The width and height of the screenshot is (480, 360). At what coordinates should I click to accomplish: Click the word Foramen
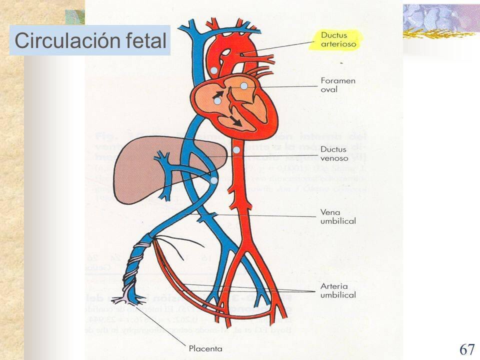pyautogui.click(x=338, y=80)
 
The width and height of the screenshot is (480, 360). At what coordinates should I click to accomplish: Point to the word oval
pyautogui.click(x=329, y=90)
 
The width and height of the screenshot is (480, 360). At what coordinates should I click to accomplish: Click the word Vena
pyautogui.click(x=329, y=212)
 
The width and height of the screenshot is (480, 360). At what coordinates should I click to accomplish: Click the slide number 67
pyautogui.click(x=466, y=349)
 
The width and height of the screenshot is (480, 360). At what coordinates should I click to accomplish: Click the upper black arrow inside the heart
pyautogui.click(x=218, y=94)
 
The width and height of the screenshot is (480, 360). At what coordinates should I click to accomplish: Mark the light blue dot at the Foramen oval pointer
pyautogui.click(x=244, y=86)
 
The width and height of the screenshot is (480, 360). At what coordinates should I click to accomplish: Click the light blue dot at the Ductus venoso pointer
pyautogui.click(x=236, y=149)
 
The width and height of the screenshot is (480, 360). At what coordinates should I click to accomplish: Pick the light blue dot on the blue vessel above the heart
pyautogui.click(x=214, y=71)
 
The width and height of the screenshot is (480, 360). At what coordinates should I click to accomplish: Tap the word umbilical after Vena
pyautogui.click(x=338, y=221)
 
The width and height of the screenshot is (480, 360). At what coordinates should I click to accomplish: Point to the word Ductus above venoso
pyautogui.click(x=333, y=149)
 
